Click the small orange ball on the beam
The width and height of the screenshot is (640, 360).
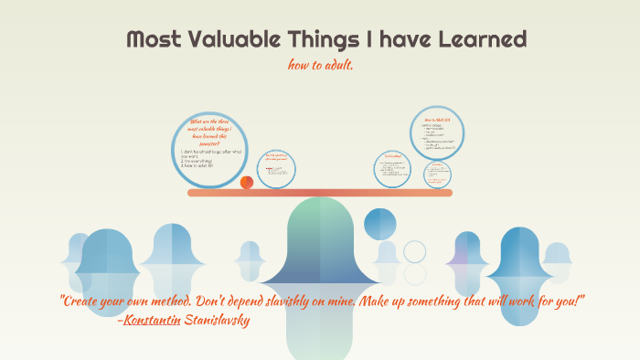246,183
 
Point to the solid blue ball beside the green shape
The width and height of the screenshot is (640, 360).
379,223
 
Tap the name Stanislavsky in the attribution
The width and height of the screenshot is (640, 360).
217,320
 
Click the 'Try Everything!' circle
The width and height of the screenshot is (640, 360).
393,169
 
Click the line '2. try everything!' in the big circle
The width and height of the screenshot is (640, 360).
200,159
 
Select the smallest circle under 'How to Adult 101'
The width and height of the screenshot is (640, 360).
437,175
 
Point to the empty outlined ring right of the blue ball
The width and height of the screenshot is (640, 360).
415,251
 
